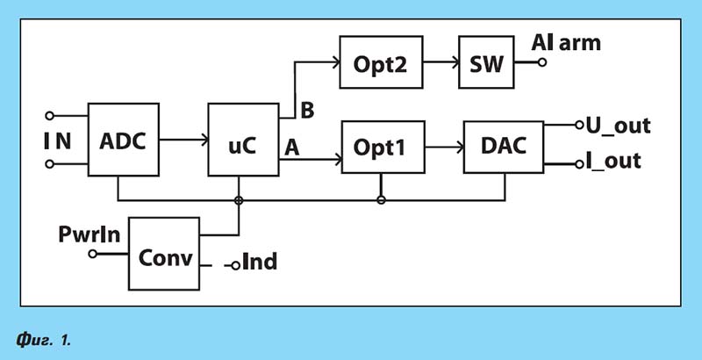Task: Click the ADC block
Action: (x=123, y=140)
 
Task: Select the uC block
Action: (x=244, y=140)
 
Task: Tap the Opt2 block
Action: (x=381, y=62)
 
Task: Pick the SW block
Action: (x=486, y=62)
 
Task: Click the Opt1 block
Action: (x=383, y=147)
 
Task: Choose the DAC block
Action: (x=504, y=147)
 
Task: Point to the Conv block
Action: (x=164, y=254)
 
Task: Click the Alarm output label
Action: (x=566, y=43)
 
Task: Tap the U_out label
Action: (x=619, y=126)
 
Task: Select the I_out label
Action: (x=613, y=161)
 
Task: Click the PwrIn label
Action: (x=90, y=234)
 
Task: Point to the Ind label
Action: (x=260, y=262)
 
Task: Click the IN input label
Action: (x=58, y=141)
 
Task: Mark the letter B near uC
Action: (x=307, y=111)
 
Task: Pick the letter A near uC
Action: (x=292, y=148)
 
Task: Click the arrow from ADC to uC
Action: (x=183, y=140)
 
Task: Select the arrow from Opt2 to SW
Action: (x=441, y=62)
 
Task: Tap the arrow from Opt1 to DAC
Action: (x=445, y=147)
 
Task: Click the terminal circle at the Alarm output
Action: (x=542, y=62)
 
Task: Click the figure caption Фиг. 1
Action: (x=43, y=341)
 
